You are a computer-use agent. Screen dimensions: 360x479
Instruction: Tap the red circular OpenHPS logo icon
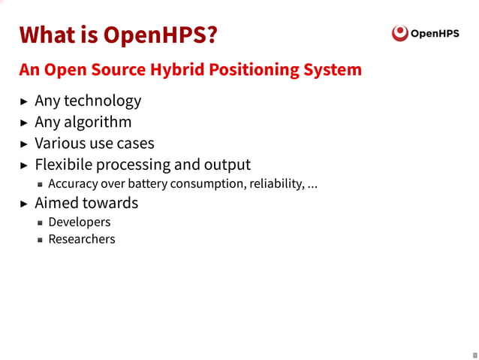(x=401, y=33)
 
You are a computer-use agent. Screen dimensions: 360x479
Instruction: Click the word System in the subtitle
(x=333, y=70)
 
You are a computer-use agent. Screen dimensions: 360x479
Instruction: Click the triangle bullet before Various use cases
(x=24, y=144)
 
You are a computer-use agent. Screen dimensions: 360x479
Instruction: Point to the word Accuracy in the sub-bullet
(x=73, y=184)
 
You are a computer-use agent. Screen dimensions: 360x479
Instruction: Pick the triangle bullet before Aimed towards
(x=24, y=204)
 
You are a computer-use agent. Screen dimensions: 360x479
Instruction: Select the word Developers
(x=79, y=222)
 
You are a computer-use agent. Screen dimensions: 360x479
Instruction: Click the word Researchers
(x=81, y=240)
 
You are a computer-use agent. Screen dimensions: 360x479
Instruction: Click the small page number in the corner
(x=474, y=354)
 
